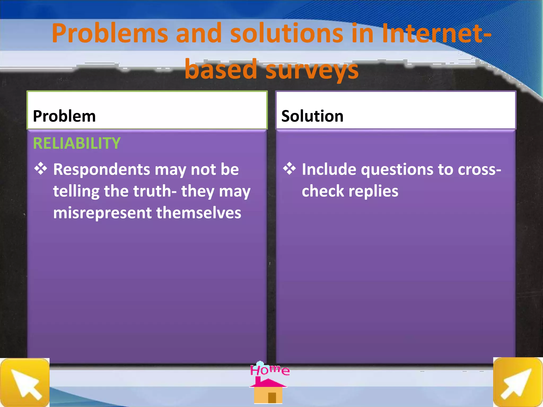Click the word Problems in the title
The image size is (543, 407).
tap(110, 33)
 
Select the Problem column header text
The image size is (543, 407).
tap(64, 116)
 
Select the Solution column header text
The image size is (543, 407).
tap(312, 116)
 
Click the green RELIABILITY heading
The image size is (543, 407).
tap(77, 143)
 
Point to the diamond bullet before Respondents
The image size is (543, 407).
tap(41, 169)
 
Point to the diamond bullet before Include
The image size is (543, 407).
tap(289, 169)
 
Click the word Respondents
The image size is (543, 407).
tap(101, 170)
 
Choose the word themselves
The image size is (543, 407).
tap(199, 213)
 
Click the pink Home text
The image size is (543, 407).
tap(270, 370)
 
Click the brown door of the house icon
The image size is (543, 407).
tap(272, 398)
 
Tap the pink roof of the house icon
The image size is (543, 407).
tap(268, 383)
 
